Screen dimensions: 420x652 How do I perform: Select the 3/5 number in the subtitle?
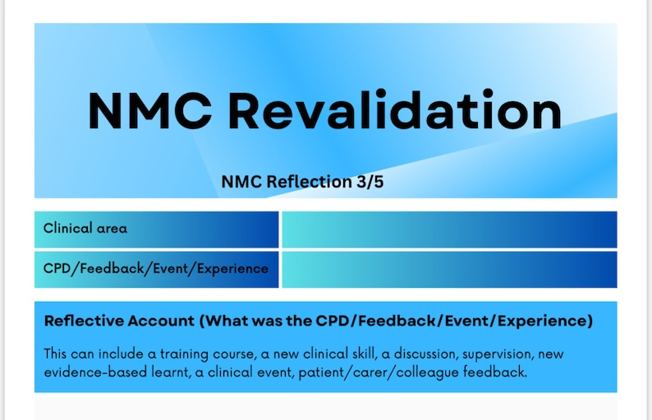tap(368, 182)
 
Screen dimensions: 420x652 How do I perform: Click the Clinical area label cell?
tap(157, 229)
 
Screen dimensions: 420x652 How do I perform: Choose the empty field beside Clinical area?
tap(448, 229)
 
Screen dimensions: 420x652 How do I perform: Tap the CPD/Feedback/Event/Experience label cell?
tap(157, 269)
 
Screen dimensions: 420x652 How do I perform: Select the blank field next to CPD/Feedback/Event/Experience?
tap(448, 269)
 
